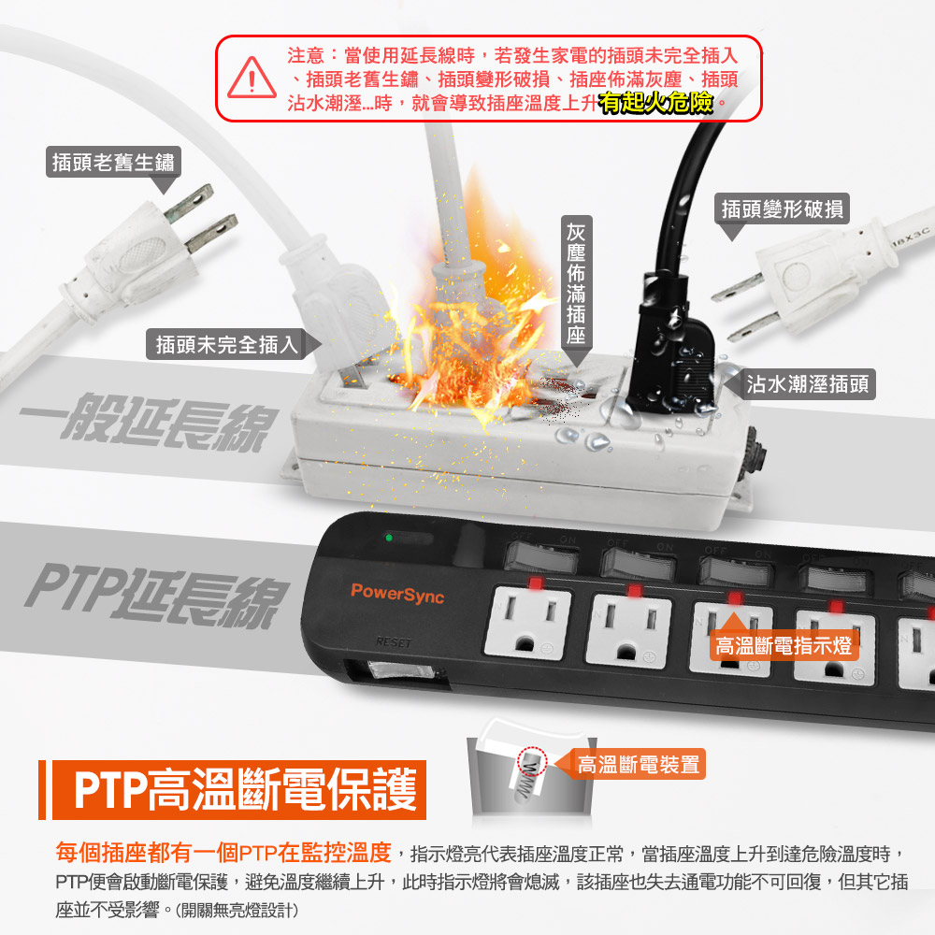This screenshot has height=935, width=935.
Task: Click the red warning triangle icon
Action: click(252, 79)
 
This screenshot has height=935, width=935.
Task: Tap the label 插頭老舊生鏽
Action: click(113, 162)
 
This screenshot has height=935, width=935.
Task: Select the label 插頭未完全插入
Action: click(226, 344)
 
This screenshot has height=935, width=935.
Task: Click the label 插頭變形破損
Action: click(782, 209)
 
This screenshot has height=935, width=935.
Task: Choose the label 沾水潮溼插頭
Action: click(808, 384)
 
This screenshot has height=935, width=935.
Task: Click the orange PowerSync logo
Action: click(397, 594)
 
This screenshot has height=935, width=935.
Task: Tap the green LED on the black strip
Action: click(389, 538)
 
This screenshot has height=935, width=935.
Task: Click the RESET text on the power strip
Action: click(394, 642)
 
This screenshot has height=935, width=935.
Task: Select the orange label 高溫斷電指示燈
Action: click(784, 646)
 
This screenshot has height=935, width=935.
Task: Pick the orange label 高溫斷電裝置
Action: click(638, 764)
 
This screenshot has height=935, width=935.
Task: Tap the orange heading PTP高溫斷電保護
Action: click(244, 790)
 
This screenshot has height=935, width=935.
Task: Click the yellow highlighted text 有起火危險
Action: click(656, 103)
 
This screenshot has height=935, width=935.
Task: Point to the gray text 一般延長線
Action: click(149, 423)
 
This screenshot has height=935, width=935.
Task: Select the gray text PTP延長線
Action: click(156, 596)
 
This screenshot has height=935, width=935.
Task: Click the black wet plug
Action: click(672, 346)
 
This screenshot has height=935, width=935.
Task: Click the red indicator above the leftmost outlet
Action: click(536, 583)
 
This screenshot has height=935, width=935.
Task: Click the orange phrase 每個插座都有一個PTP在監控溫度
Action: click(223, 853)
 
